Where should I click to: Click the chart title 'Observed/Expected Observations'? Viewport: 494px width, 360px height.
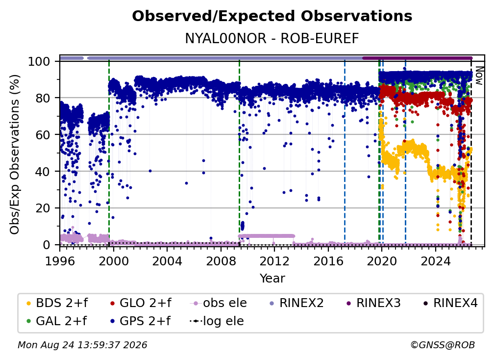[x=272, y=16]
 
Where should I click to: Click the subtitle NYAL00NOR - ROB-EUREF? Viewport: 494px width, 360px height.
[x=272, y=38]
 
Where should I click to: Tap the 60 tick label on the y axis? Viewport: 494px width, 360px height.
[x=43, y=135]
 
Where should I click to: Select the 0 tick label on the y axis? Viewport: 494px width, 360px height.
[x=47, y=245]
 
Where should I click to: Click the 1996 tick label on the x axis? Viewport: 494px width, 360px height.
[x=60, y=261]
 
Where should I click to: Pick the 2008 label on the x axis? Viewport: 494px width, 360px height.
[x=221, y=261]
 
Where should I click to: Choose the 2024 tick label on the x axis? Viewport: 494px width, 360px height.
[x=435, y=261]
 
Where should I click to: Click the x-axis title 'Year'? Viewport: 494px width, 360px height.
[x=272, y=279]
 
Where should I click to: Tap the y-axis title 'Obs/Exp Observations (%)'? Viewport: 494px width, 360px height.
[x=15, y=154]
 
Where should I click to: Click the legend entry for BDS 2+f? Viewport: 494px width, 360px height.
[x=57, y=303]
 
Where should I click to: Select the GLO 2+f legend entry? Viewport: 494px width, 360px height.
[x=141, y=303]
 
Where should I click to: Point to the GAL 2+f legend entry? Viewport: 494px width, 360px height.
[x=56, y=321]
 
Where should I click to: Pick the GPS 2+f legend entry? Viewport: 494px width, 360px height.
[x=140, y=321]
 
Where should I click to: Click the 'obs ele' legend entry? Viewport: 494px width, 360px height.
[x=218, y=303]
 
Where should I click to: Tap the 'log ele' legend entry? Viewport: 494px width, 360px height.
[x=217, y=321]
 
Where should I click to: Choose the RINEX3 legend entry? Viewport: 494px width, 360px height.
[x=373, y=303]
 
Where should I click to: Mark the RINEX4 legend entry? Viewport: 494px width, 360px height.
[x=450, y=303]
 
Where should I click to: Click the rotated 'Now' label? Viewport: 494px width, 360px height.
[x=479, y=76]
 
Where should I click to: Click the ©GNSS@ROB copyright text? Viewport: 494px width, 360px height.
[x=443, y=345]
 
